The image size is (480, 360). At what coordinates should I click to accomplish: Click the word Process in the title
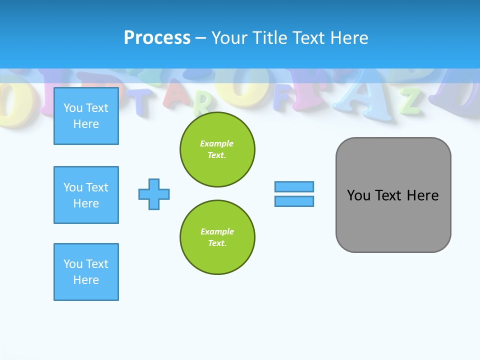(157, 38)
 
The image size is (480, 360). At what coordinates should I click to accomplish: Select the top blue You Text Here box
(86, 116)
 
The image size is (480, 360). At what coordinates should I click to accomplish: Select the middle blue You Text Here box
(86, 195)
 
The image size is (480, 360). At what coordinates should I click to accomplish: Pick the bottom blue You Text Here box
(86, 272)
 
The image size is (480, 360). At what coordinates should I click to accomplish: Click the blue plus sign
(154, 194)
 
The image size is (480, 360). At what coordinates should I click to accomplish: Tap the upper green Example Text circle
(217, 149)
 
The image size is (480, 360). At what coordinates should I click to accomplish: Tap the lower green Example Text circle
(217, 237)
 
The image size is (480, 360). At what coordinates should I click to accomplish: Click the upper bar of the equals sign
(294, 186)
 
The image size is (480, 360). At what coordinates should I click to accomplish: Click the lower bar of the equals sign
(294, 201)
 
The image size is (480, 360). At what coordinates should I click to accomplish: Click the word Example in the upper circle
(217, 143)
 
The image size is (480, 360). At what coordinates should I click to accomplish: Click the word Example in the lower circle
(217, 231)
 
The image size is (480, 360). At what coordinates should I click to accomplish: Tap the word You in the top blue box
(73, 108)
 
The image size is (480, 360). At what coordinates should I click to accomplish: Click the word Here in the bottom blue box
(86, 280)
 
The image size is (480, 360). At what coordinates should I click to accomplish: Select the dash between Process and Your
(201, 38)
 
